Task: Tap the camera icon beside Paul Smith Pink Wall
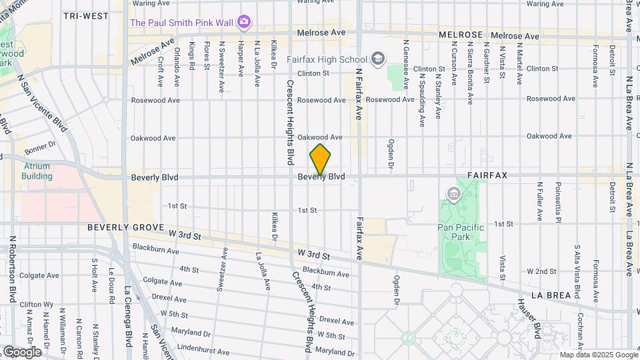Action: pos(244,23)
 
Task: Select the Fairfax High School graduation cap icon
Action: pos(379,59)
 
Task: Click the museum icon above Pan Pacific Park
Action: pos(455,195)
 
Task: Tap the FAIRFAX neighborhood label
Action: pos(487,175)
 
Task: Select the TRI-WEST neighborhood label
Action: pos(86,15)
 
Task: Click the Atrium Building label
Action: pos(37,171)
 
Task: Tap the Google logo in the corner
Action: pos(21,352)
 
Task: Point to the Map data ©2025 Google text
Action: pos(598,355)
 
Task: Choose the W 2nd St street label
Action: pos(541,271)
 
